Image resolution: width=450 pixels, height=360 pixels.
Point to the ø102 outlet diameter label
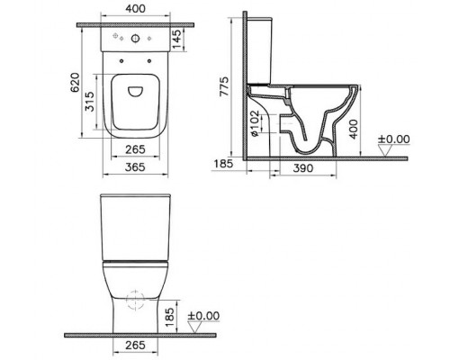coord(255,122)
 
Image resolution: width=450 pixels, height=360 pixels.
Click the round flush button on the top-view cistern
coord(135,40)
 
